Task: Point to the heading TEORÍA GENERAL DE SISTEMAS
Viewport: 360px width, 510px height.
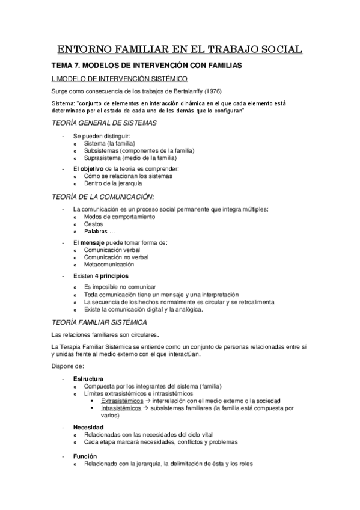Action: [105, 123]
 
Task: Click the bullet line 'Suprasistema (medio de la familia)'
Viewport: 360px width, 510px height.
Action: [126, 158]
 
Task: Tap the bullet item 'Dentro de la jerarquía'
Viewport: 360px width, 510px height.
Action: [113, 183]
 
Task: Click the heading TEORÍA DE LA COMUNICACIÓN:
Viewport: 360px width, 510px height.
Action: [103, 197]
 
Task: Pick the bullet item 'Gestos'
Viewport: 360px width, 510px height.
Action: [93, 224]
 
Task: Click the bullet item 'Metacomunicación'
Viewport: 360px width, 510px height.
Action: [109, 265]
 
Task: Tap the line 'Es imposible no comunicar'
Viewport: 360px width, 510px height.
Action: [120, 287]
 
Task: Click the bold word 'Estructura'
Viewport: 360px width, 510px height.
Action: [88, 378]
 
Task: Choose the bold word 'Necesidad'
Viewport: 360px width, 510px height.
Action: [89, 426]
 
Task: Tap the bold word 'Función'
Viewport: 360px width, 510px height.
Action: [85, 456]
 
